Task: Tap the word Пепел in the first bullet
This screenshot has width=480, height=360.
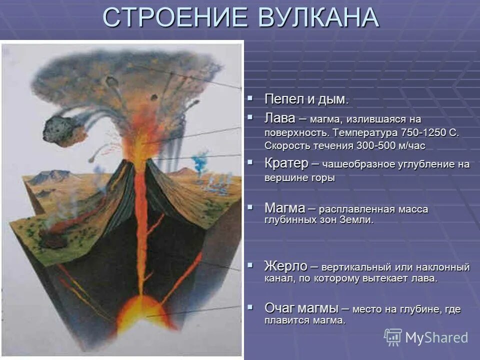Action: click(x=281, y=99)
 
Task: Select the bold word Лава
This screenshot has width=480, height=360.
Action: click(x=280, y=119)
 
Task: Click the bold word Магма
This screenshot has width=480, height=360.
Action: click(x=285, y=207)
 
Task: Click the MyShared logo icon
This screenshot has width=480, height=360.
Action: click(x=393, y=337)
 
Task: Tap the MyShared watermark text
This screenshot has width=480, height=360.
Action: click(x=436, y=337)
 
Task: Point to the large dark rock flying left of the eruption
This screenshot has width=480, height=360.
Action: click(x=57, y=129)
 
